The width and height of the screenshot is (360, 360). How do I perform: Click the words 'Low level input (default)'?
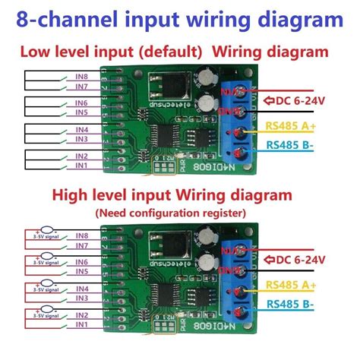111,52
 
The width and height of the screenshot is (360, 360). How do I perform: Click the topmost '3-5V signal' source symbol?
49,231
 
